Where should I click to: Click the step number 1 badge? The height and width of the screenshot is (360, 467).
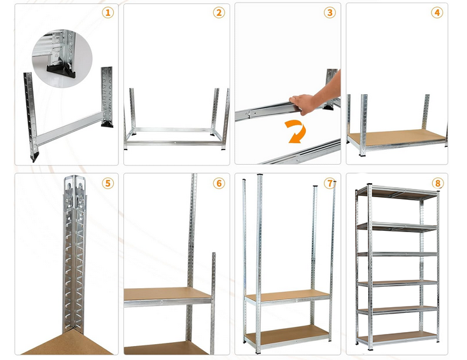tap(108, 13)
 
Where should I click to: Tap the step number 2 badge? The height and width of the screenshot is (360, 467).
tap(219, 13)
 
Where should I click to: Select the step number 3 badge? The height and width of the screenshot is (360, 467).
tap(330, 13)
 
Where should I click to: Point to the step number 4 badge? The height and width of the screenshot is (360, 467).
tap(437, 13)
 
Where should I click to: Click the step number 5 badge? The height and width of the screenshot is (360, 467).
tap(108, 183)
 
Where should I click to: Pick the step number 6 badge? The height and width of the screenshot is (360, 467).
tap(219, 183)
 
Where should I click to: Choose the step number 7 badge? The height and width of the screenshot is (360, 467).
tap(330, 183)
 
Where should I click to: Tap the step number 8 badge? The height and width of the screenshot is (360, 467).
tap(438, 183)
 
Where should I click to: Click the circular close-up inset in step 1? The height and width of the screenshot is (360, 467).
tap(62, 59)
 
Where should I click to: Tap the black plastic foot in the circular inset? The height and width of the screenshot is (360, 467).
tap(61, 71)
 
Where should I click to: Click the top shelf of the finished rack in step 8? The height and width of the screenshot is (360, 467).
tap(398, 192)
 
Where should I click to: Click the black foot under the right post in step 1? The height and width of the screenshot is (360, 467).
tap(108, 124)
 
